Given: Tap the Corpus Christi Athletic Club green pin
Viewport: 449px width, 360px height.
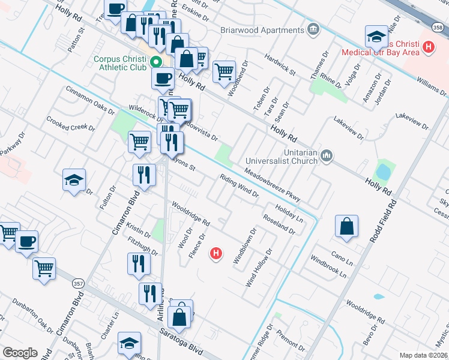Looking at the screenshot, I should pyautogui.click(x=156, y=62).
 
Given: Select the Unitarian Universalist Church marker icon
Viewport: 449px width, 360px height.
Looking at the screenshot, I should pyautogui.click(x=327, y=156).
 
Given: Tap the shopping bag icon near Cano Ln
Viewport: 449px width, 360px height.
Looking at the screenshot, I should pyautogui.click(x=347, y=227).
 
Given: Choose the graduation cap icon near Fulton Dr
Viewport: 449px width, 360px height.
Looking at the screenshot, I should pyautogui.click(x=74, y=180).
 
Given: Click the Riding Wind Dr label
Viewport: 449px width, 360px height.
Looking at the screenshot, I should pyautogui.click(x=238, y=186).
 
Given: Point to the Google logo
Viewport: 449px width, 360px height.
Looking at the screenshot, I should pyautogui.click(x=20, y=353).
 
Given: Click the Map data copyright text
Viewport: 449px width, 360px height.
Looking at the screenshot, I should pyautogui.click(x=423, y=355).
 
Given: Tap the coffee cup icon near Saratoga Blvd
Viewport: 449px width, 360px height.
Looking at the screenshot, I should pyautogui.click(x=26, y=241).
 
